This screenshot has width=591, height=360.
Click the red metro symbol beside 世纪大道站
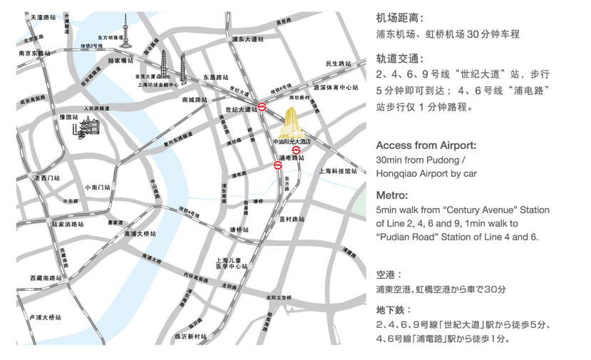point(263,108)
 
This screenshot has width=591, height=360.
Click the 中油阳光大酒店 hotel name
point(292,142)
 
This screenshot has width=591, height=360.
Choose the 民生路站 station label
point(339,64)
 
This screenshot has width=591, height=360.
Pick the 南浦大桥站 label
point(139,233)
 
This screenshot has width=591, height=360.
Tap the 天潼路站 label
point(43,15)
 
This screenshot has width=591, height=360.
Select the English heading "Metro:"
point(392,195)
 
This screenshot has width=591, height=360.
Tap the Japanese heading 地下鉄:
point(394,310)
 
